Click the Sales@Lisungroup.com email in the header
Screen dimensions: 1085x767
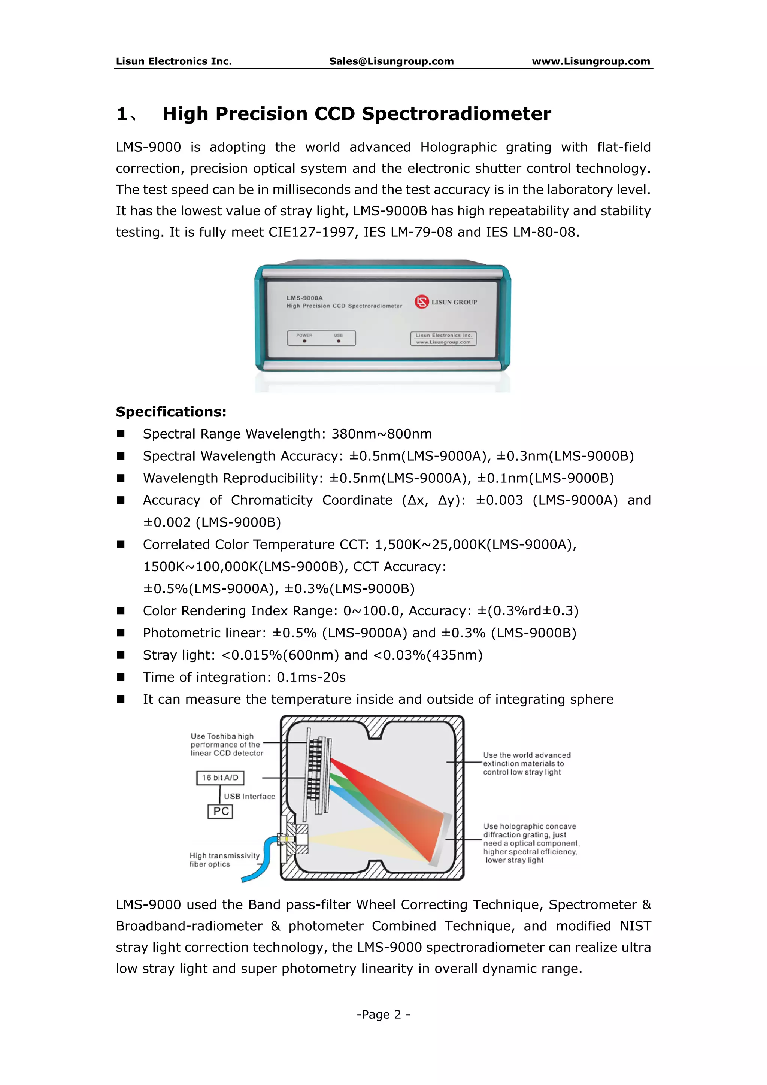[391, 61]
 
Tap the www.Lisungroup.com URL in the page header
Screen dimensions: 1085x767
[591, 61]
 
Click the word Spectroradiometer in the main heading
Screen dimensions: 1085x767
[456, 114]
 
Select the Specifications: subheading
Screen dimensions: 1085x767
[171, 412]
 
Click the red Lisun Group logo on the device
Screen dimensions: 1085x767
[421, 301]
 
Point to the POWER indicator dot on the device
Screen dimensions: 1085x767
[304, 341]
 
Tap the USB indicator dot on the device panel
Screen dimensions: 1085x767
[338, 341]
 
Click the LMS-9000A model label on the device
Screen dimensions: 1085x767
[304, 298]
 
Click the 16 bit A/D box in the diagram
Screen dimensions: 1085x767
[220, 778]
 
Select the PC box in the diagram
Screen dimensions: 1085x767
[220, 811]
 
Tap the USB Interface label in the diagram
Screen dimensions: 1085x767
[249, 797]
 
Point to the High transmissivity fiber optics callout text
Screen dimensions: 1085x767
[224, 860]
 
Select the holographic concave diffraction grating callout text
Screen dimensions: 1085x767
[530, 843]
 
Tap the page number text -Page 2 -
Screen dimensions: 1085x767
[383, 1015]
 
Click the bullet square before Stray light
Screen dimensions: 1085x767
[121, 655]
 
